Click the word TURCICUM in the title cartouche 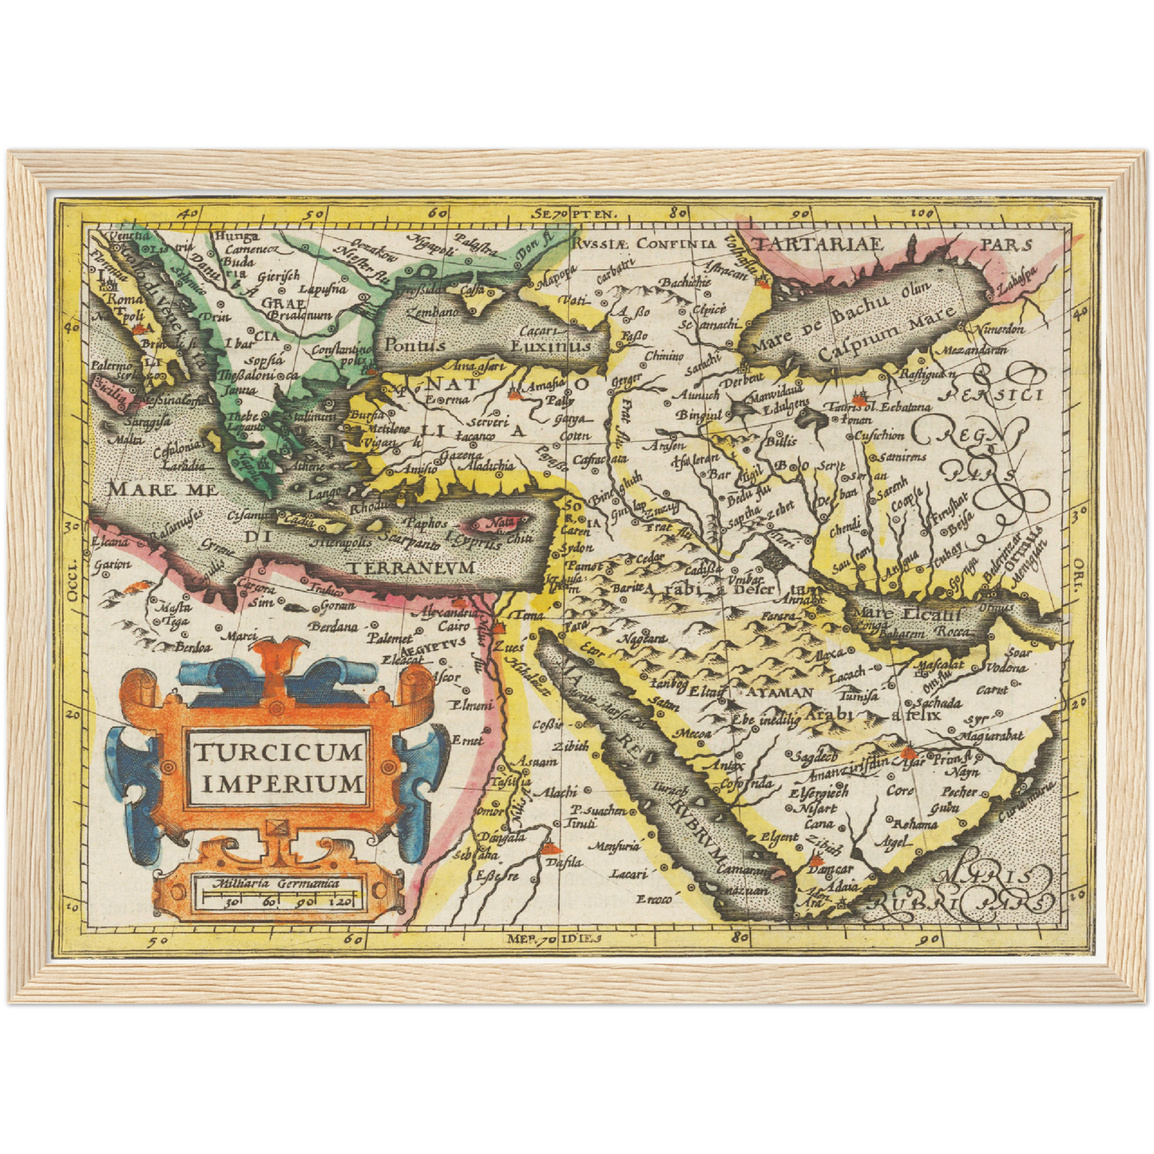[x=277, y=751]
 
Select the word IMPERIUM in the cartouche [x=282, y=783]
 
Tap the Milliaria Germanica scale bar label [x=276, y=883]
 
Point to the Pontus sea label [x=414, y=346]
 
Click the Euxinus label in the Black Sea [x=550, y=346]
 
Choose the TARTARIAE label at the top [x=821, y=244]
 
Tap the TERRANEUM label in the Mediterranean [x=411, y=566]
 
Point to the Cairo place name [x=454, y=627]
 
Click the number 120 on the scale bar [x=345, y=902]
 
